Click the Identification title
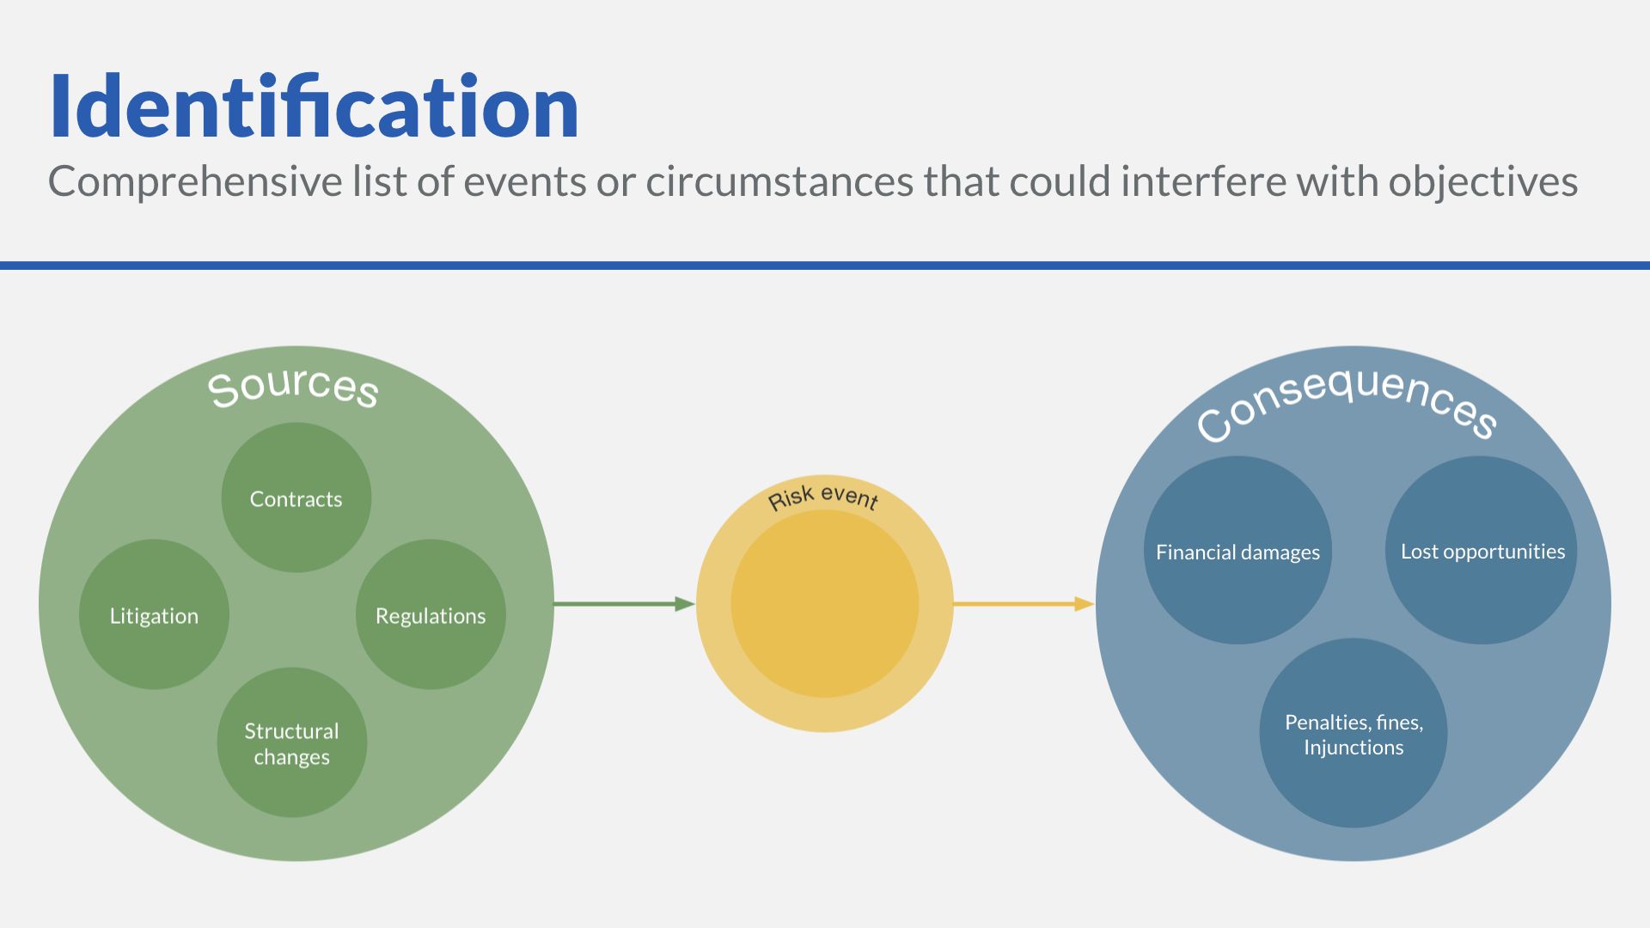315,107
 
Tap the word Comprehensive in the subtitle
195,182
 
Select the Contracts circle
296,498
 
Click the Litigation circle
154,614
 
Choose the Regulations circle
431,614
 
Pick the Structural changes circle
292,742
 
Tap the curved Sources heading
293,388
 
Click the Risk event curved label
823,498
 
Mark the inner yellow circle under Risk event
825,604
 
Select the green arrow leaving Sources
625,604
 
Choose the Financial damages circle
1237,551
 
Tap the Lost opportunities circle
1482,551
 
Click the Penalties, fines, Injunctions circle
1354,733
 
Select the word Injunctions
1354,748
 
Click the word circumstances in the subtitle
779,182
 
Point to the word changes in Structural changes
292,758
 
